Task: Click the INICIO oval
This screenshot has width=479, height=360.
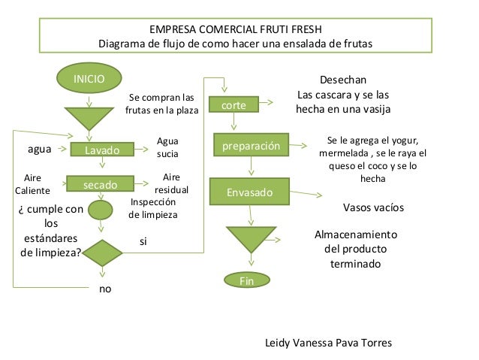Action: point(89,78)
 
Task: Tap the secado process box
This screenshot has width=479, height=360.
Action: point(98,184)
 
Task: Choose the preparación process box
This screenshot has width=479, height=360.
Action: point(251,145)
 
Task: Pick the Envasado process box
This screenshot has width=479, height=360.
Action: point(251,192)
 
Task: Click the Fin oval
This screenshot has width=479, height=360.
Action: point(248,280)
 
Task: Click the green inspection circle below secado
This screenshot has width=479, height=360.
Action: point(100,210)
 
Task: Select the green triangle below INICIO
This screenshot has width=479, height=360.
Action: point(89,117)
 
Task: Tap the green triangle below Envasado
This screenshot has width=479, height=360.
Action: point(251,239)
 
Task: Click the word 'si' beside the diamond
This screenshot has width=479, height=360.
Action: point(143,241)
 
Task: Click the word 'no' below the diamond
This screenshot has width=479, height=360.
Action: point(105,289)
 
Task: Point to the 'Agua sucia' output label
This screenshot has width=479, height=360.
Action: point(167,147)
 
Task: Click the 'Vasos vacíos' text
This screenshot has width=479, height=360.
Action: point(373,207)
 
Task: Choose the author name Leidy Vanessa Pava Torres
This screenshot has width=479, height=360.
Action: point(329,343)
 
